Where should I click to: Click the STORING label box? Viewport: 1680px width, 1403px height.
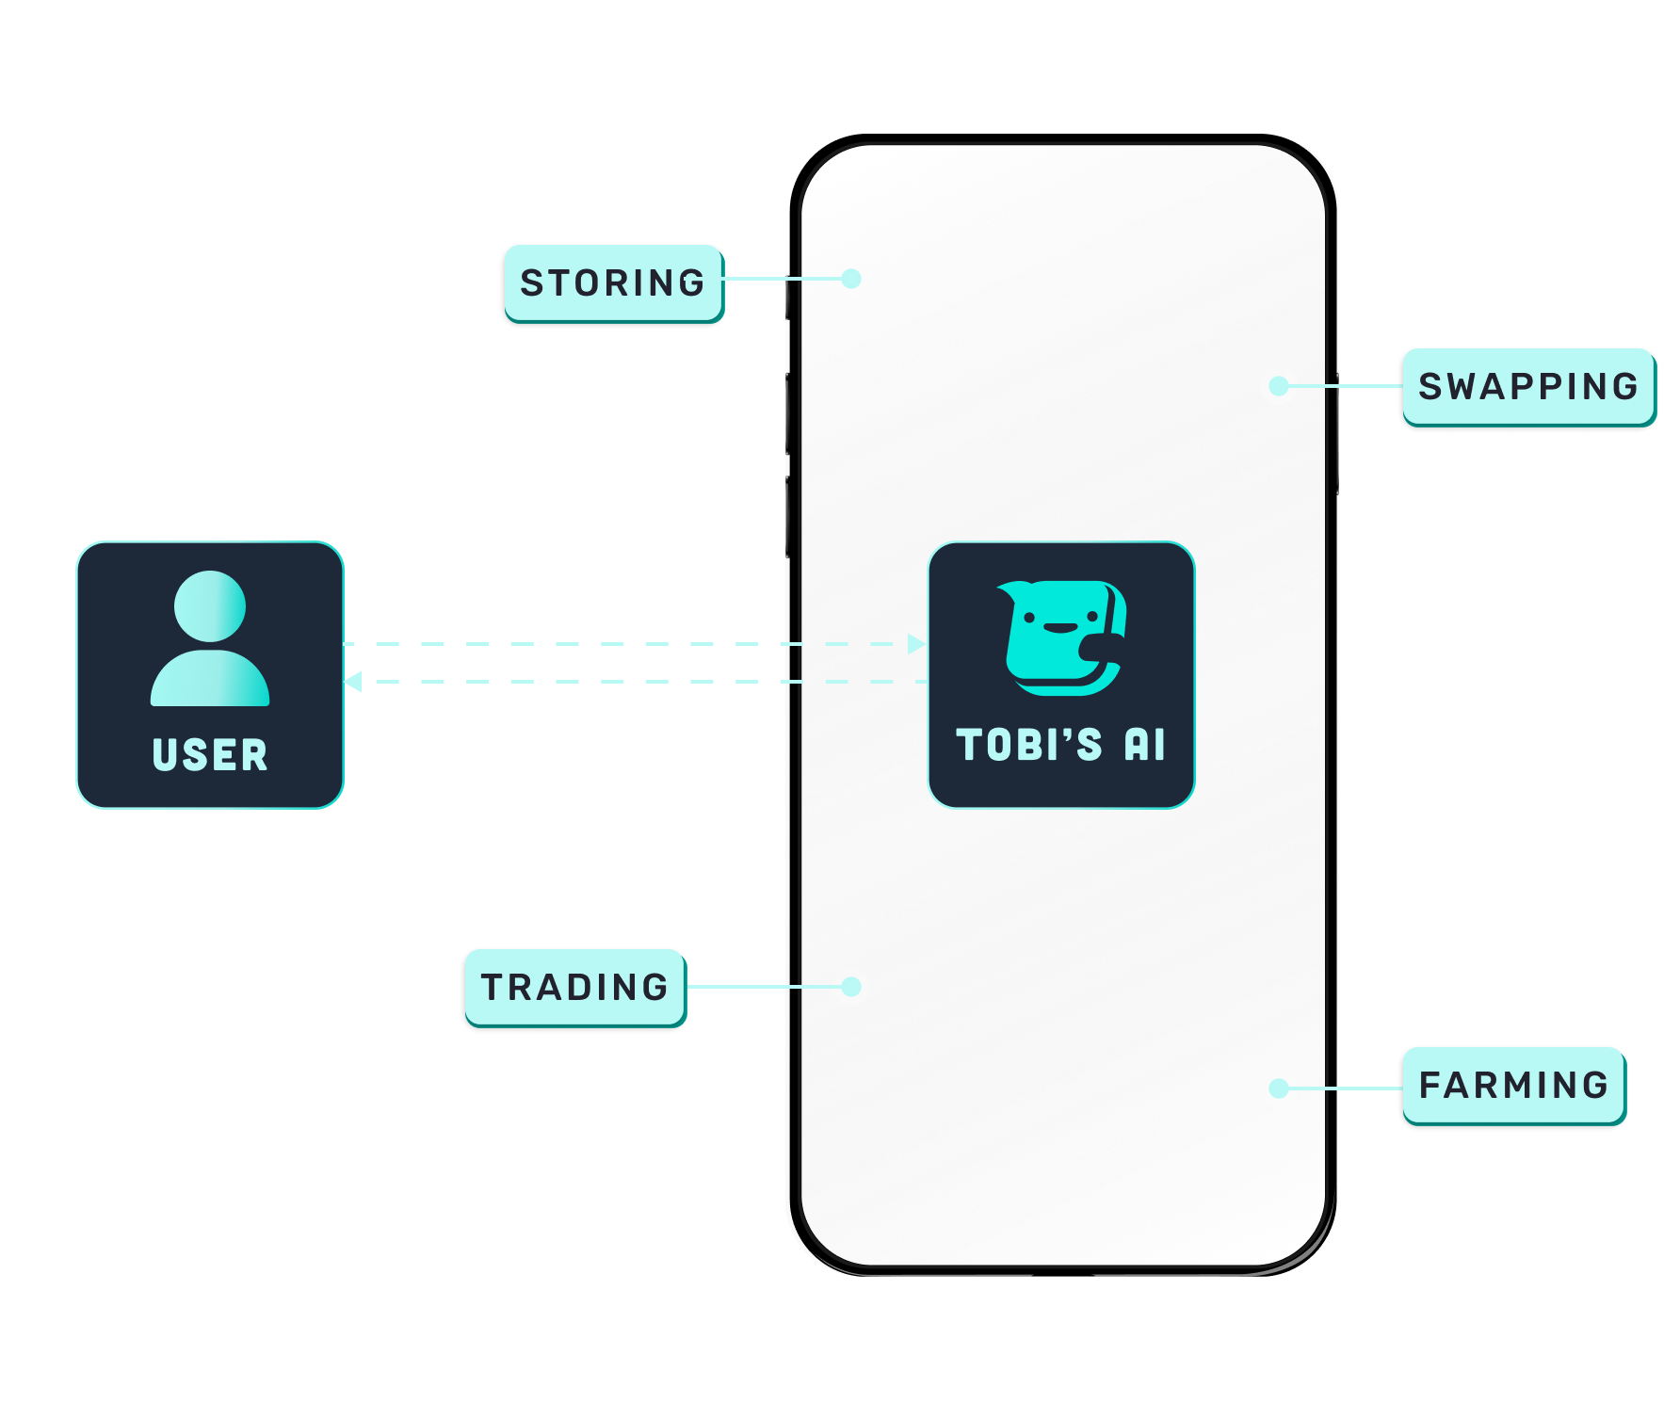tap(612, 282)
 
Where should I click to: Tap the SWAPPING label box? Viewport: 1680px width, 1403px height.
tap(1527, 387)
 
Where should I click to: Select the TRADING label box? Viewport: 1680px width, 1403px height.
tap(574, 987)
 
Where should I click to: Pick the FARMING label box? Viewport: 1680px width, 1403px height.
tap(1513, 1086)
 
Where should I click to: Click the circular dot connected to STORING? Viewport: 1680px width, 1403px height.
tap(851, 279)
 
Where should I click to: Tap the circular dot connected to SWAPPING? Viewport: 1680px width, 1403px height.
tap(1279, 386)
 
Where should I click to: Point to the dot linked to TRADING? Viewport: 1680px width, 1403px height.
tap(851, 987)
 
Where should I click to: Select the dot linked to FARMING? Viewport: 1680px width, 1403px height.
tap(1279, 1089)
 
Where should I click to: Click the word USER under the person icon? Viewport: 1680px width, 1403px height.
tap(210, 755)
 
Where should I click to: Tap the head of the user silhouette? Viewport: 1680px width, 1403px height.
tap(210, 606)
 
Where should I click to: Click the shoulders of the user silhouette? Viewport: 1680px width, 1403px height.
tap(210, 680)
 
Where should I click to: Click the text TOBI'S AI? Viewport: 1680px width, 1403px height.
tap(1061, 745)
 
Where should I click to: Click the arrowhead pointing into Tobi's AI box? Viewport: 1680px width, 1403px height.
tap(916, 644)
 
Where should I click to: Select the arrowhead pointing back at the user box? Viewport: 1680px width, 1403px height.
tap(353, 682)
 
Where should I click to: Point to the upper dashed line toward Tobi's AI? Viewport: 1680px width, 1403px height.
tap(622, 644)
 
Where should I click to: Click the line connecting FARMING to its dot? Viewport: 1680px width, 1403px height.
tap(1347, 1089)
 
